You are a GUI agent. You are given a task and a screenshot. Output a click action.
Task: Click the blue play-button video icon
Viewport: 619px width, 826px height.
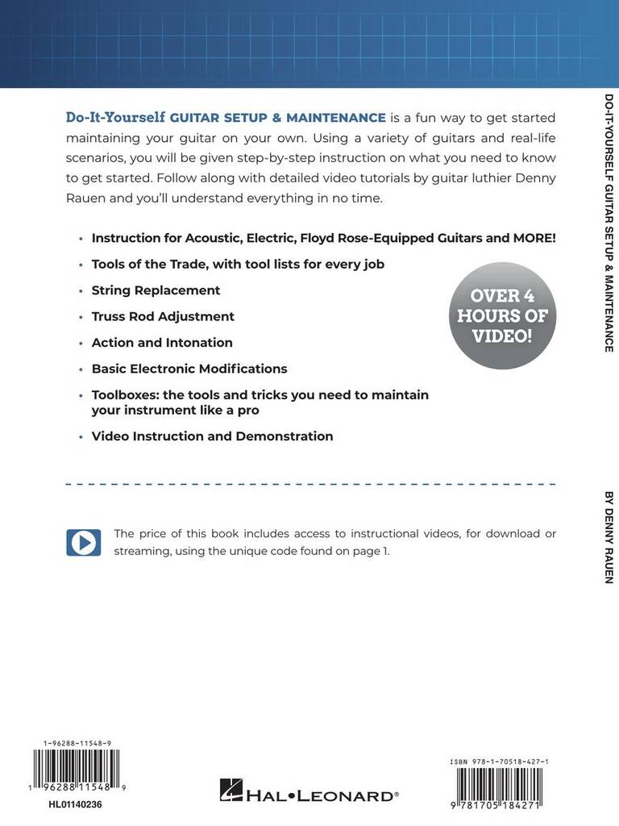pos(83,542)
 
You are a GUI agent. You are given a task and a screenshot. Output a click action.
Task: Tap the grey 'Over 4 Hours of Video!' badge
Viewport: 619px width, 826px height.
pos(502,315)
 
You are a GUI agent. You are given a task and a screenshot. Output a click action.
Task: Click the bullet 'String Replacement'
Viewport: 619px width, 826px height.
pos(156,290)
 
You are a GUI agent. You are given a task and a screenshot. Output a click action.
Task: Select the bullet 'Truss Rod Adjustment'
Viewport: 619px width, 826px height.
pos(163,316)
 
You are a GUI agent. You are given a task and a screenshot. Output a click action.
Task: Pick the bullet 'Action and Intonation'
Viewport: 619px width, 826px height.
pos(162,342)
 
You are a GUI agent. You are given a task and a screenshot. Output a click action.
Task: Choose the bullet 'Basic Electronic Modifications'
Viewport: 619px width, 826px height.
pos(189,369)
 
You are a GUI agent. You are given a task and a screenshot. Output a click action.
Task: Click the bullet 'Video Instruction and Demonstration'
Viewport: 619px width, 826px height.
pos(212,436)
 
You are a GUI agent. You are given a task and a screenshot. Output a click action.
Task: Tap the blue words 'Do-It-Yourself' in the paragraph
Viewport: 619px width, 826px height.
pos(115,118)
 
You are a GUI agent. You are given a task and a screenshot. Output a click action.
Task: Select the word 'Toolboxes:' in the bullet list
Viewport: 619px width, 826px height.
pos(126,394)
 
